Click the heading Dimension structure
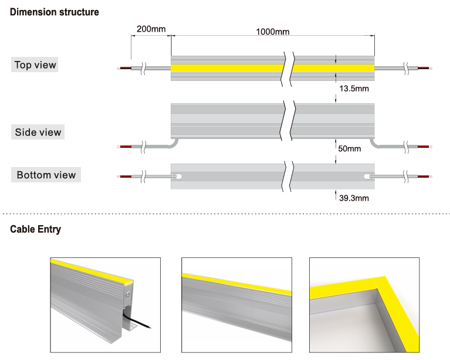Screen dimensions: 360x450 pos(55,12)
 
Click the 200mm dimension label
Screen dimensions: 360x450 pos(151,28)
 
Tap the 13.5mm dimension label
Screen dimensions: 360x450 pos(354,89)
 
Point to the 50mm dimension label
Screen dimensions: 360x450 pos(350,148)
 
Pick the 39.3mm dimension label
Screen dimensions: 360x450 pos(354,198)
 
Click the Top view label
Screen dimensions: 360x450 pos(36,65)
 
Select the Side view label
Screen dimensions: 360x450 pos(38,133)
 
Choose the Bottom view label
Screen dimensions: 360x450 pos(46,175)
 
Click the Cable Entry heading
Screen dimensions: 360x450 pos(35,229)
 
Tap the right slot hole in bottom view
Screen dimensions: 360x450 pos(366,176)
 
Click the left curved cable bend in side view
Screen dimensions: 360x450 pos(174,142)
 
